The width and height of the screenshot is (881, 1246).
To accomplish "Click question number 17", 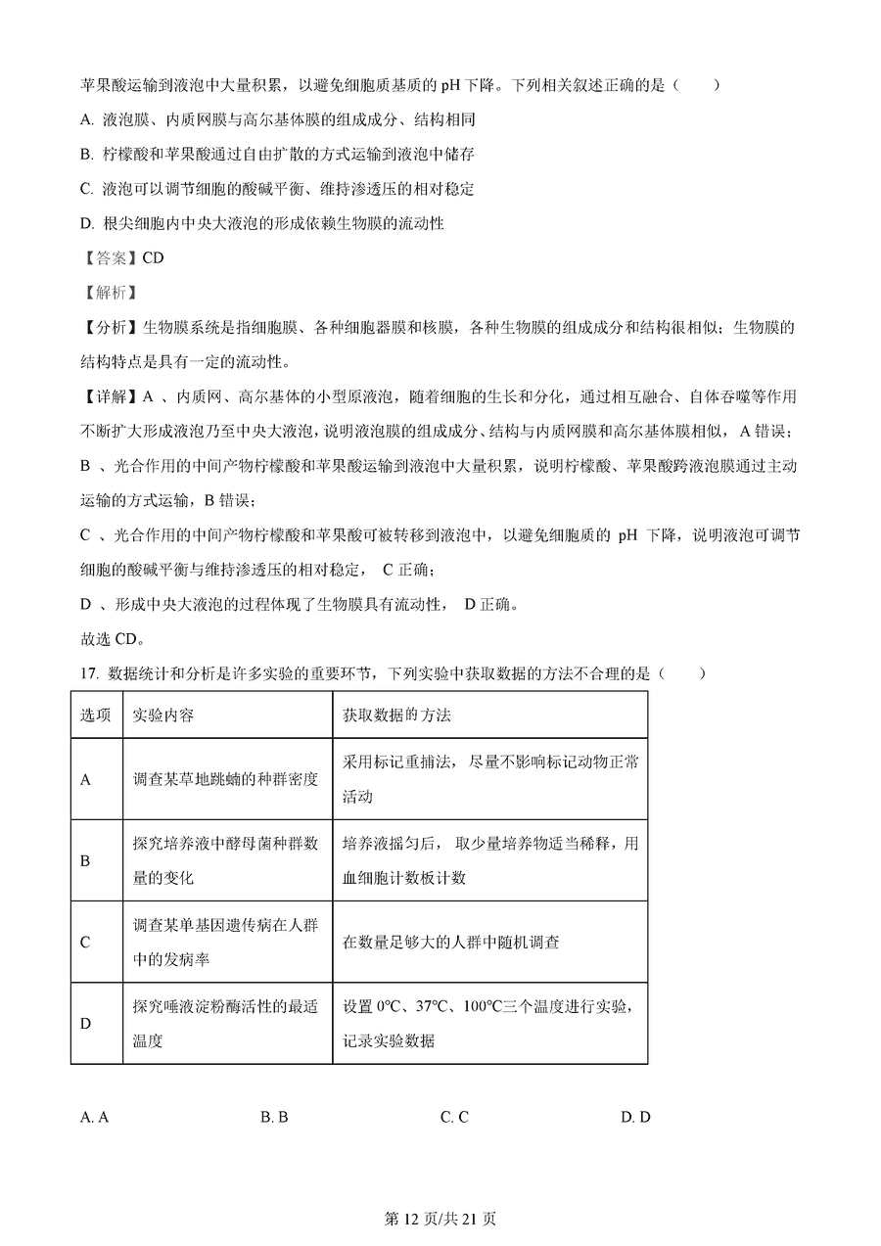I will tap(89, 673).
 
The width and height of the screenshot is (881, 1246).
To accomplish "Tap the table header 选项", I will tap(95, 715).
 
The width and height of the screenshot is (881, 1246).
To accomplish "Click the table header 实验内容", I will tap(163, 715).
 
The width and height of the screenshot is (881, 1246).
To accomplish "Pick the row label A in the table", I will tap(85, 780).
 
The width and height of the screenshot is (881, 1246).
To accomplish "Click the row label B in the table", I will tap(85, 861).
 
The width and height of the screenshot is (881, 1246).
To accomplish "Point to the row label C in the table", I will tap(85, 943).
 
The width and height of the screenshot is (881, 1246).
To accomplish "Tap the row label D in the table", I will tap(85, 1024).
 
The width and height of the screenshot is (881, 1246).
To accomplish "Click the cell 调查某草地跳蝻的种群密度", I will tap(225, 780).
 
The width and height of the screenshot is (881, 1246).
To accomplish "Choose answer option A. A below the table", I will tap(94, 1118).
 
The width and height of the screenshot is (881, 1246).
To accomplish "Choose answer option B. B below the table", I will tap(274, 1118).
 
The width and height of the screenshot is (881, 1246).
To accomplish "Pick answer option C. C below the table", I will tap(454, 1118).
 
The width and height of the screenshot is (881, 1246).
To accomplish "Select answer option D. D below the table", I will tap(635, 1118).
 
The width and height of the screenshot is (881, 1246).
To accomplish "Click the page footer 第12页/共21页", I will tap(440, 1219).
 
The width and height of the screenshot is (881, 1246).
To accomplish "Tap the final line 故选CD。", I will tap(113, 639).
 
